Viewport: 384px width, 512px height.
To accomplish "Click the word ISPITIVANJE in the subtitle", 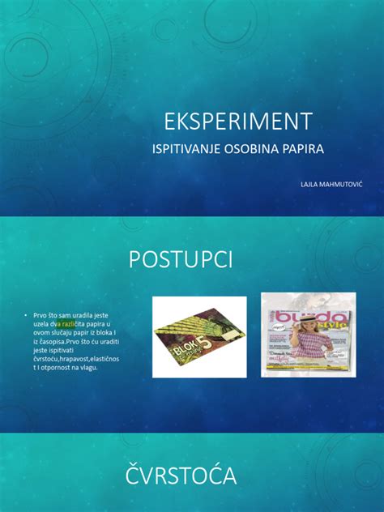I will [x=187, y=150].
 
